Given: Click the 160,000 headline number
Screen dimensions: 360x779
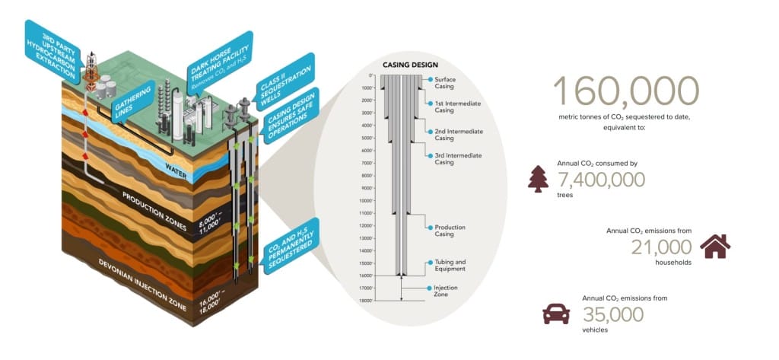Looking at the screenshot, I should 625,91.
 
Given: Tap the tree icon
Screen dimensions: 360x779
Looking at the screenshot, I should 538,179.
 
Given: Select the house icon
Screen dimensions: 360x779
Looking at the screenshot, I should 714,246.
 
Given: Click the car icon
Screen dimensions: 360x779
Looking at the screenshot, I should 556,313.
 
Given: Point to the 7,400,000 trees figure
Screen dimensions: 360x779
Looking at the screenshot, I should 601,180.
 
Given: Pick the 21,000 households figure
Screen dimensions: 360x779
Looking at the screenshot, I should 661,247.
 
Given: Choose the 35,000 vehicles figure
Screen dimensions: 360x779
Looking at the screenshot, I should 613,314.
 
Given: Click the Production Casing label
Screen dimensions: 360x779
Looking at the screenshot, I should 450,230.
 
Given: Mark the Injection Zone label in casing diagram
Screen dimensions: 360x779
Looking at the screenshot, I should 446,291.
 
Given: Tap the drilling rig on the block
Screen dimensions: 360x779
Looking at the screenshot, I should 93,65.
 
